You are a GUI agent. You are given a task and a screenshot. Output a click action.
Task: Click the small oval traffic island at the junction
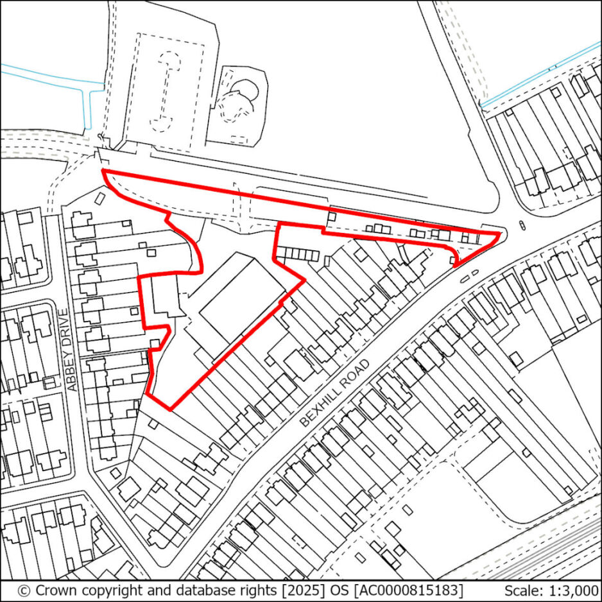(x=521, y=225)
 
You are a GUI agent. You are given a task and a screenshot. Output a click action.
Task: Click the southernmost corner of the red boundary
(x=171, y=409)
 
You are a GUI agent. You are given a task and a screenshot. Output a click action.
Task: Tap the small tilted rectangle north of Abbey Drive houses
(x=100, y=198)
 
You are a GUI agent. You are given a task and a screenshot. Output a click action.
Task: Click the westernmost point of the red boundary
(x=103, y=171)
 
